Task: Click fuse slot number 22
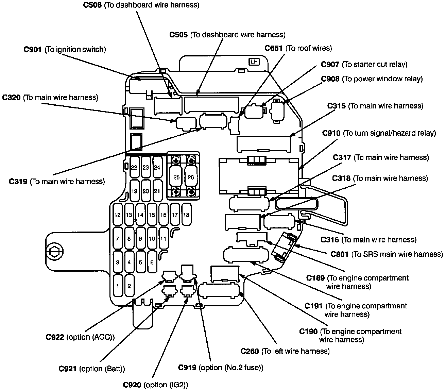tap(134, 167)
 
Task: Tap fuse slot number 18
tap(187, 215)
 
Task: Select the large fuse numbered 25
tap(176, 177)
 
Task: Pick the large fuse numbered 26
tap(191, 177)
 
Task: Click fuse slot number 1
tap(118, 286)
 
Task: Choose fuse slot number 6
tap(152, 262)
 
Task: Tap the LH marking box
tap(254, 62)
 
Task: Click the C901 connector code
tap(33, 49)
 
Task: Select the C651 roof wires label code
tap(274, 48)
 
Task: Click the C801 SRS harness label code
tap(340, 254)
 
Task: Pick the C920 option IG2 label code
tap(132, 385)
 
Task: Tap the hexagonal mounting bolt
tap(54, 251)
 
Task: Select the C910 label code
tap(331, 133)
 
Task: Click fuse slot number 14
tap(140, 215)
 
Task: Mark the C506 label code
tap(92, 5)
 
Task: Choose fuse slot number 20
tap(146, 191)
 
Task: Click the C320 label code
tap(12, 97)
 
